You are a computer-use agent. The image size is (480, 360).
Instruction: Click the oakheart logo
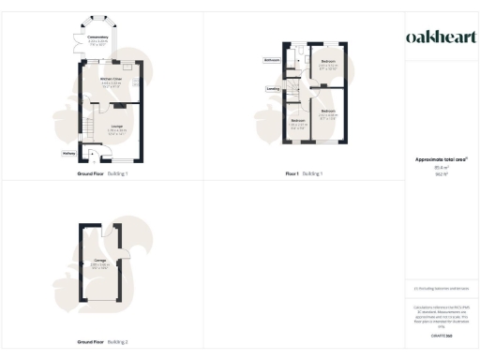[x=441, y=37]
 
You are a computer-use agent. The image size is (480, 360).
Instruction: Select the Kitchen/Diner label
[x=112, y=83]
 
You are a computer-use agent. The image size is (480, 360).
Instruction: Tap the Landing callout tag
[x=271, y=90]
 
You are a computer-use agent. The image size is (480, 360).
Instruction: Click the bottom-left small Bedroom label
[x=297, y=124]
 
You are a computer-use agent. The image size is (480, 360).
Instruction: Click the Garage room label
[x=99, y=264]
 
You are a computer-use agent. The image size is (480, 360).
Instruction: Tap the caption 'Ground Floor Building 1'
[x=102, y=173]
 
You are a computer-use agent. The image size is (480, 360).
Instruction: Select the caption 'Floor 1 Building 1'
[x=304, y=173]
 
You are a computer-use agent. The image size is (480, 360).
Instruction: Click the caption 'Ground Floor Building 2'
[x=102, y=342]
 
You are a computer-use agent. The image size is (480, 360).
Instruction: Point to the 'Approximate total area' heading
[x=440, y=159]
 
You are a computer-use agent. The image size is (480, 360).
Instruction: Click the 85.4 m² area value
[x=441, y=168]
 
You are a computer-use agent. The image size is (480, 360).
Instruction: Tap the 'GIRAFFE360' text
[x=441, y=335]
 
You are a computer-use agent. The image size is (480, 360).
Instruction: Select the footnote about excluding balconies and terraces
[x=441, y=289]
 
